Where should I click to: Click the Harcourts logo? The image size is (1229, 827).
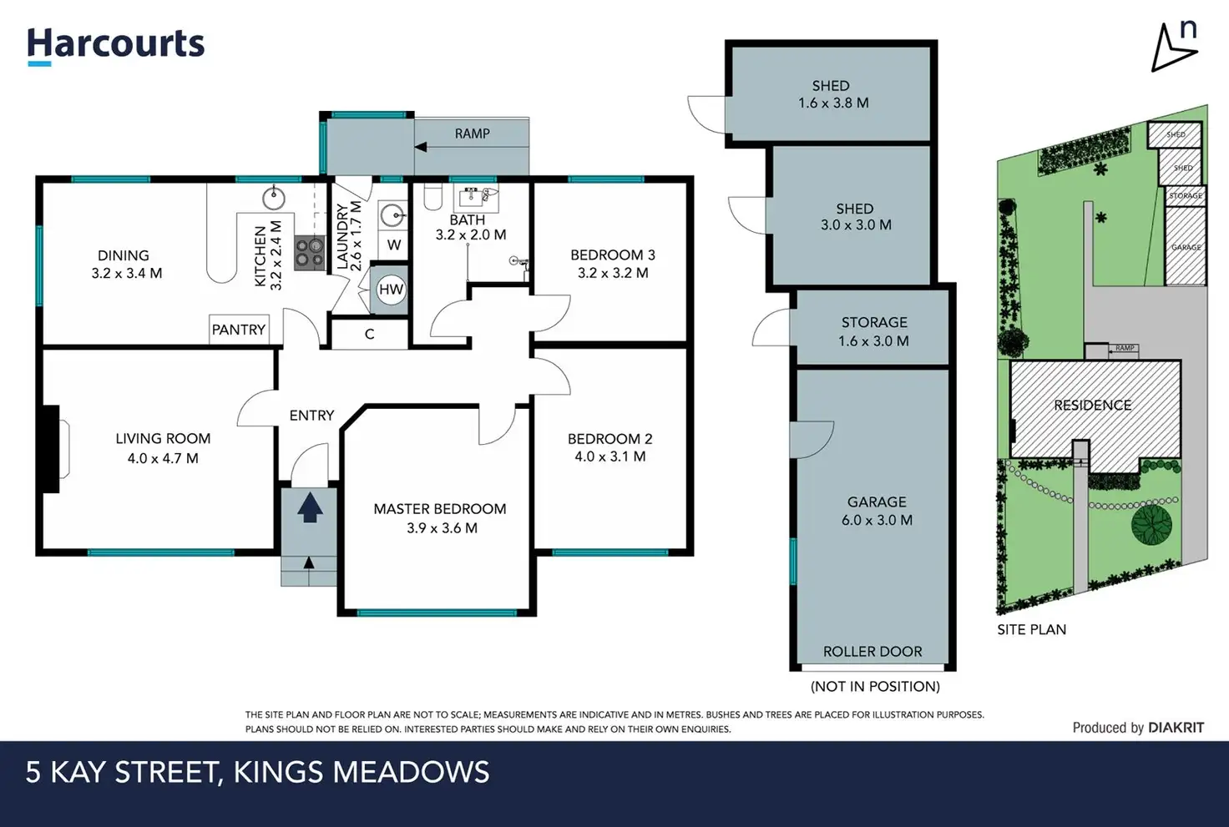pos(116,47)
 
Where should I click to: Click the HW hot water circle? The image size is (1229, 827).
pos(391,289)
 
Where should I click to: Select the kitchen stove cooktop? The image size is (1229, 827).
pos(310,253)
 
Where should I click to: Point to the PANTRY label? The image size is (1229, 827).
pos(239,330)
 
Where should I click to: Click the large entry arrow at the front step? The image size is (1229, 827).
pos(310,507)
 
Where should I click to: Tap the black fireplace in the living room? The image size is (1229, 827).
pos(51,449)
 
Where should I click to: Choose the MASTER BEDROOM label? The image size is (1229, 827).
pos(440,509)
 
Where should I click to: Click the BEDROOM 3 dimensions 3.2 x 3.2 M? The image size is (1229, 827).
pos(613,273)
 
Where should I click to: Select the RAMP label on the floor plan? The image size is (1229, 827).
pos(473,134)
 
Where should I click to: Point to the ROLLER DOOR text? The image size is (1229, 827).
pos(872,652)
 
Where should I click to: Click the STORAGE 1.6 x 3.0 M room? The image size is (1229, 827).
pos(872,327)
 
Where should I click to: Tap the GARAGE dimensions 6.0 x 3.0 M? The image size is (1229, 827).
pos(877,520)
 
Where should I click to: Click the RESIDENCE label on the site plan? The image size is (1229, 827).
pos(1092,406)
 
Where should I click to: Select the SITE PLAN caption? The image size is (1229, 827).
pos(1031,629)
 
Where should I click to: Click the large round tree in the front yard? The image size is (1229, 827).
pos(1151,525)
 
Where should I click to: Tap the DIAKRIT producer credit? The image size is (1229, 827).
pos(1176,728)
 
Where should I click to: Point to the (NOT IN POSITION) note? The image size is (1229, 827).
pos(875,686)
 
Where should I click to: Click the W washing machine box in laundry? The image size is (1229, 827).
pos(393,245)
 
